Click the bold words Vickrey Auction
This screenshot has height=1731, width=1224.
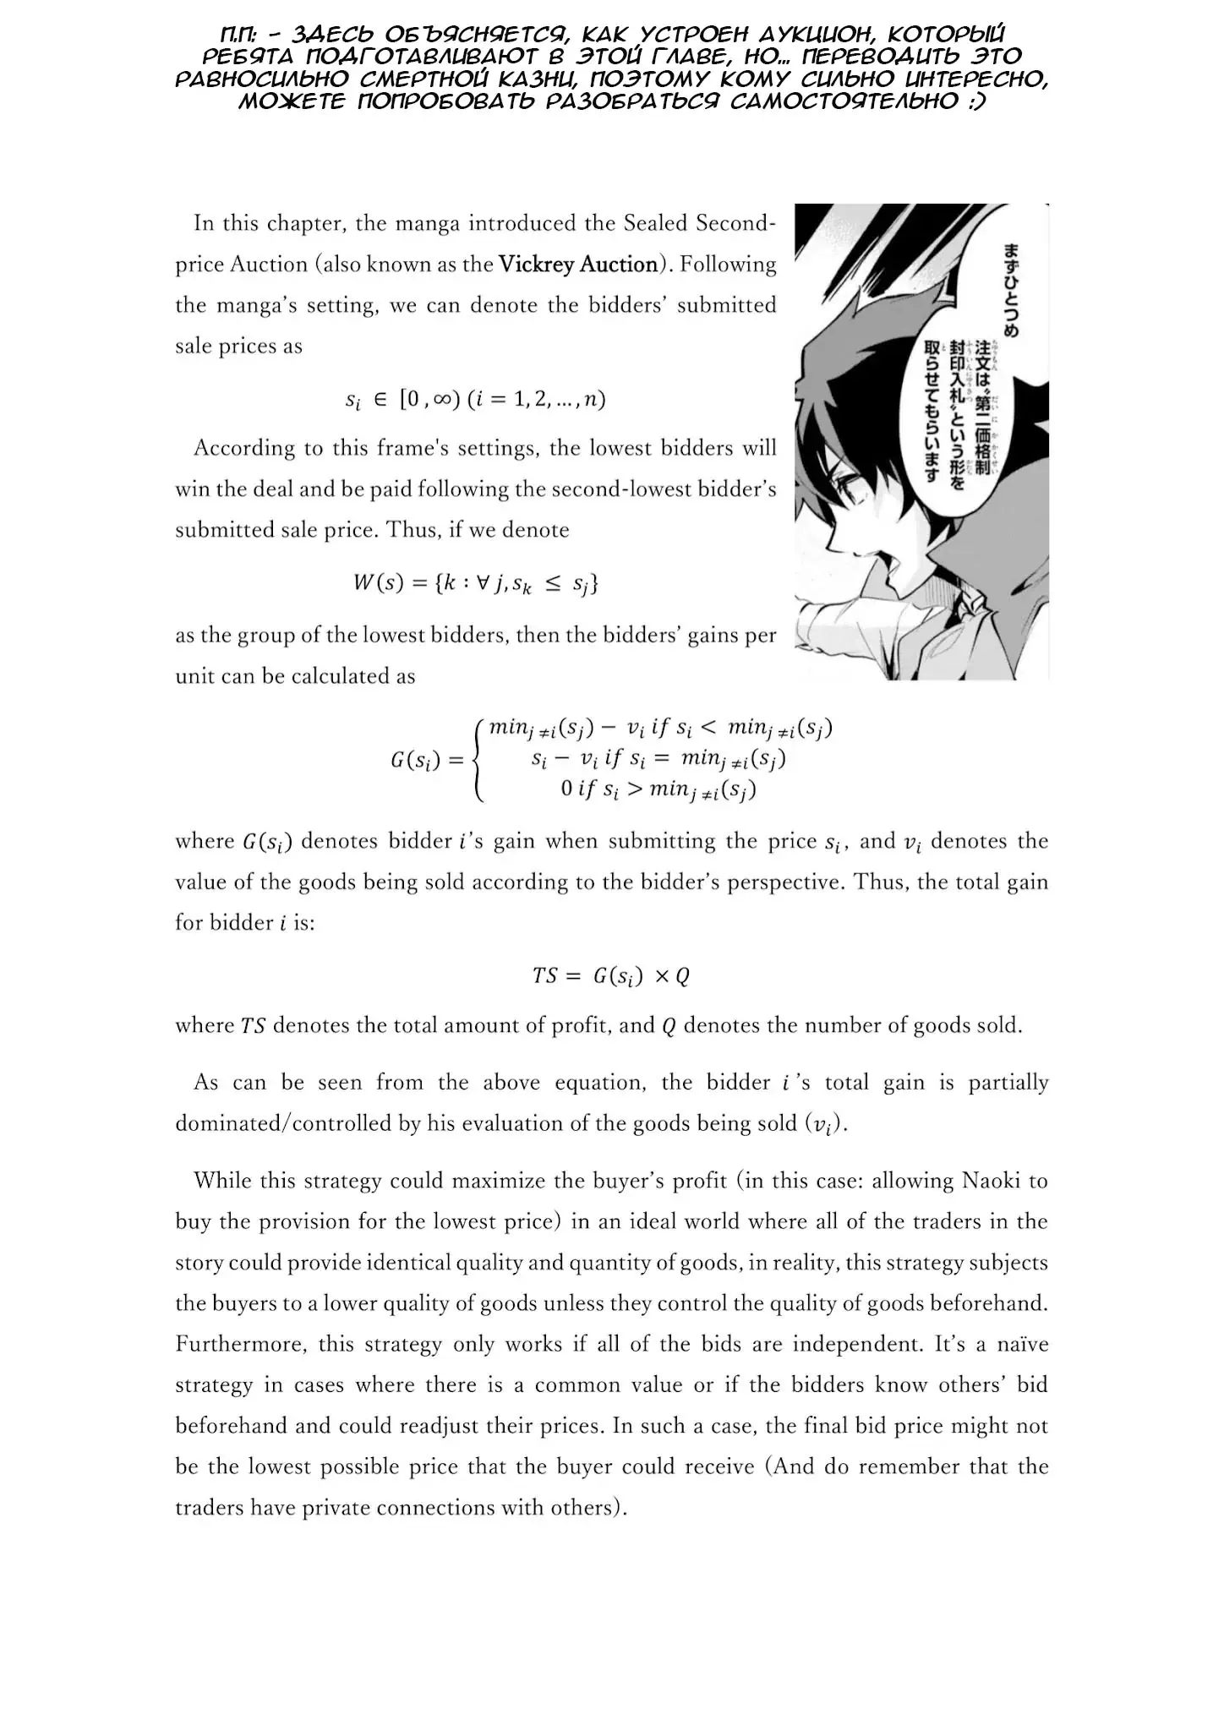(578, 265)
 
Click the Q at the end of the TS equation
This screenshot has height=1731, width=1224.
(682, 976)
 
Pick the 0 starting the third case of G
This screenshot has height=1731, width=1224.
(566, 789)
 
